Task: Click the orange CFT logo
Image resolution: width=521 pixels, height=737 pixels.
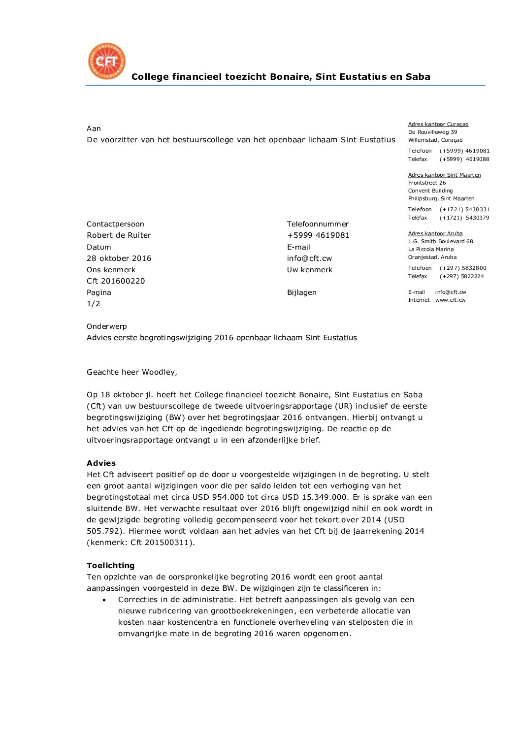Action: pos(107,61)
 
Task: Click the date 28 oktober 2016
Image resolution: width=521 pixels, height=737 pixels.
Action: pos(119,258)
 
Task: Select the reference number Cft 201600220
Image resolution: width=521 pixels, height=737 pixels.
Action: pos(116,281)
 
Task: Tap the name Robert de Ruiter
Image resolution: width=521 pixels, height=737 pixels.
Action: pos(119,235)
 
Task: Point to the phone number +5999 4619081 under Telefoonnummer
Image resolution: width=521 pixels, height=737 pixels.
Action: pos(318,235)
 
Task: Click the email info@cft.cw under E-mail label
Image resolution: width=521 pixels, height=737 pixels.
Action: pos(309,258)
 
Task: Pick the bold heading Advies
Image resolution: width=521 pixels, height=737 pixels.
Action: pos(101,463)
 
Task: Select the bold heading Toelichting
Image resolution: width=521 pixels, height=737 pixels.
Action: pos(110,566)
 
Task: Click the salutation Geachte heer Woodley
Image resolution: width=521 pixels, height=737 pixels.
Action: pos(131,372)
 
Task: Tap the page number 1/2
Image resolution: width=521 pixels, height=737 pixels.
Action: pos(94,304)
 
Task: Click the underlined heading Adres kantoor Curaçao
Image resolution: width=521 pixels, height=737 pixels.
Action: pos(438,125)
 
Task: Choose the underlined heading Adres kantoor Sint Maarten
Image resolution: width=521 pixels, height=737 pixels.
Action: pos(444,175)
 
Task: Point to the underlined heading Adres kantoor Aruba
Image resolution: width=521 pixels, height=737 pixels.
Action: pos(435,233)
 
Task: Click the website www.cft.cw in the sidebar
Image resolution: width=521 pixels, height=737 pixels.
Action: pos(450,300)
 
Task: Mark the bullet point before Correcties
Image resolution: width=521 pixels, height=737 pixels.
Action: pos(104,600)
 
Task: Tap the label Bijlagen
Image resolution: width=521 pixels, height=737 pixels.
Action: pos(301,292)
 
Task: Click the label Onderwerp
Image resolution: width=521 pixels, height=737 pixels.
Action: pos(106,326)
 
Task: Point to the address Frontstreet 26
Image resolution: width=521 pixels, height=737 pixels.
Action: pos(426,183)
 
